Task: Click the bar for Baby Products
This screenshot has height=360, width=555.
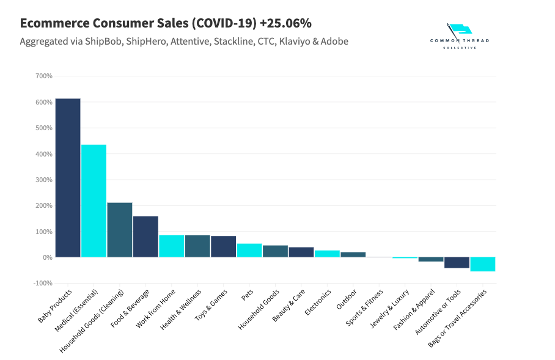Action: coord(68,178)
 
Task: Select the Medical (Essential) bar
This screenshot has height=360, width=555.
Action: coord(94,200)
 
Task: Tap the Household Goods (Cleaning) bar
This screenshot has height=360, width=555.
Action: coord(119,230)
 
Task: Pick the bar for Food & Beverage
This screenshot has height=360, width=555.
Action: coord(145,237)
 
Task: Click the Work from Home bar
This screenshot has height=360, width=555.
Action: coord(171,246)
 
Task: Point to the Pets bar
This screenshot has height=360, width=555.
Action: coord(249,251)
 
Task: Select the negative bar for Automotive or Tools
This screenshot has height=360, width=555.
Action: coord(457,263)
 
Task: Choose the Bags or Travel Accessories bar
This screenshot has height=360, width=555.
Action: coord(482,264)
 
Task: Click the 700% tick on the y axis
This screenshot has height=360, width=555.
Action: coord(44,76)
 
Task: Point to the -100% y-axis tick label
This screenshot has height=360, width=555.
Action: coord(43,284)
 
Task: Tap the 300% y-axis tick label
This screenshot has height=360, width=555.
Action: coord(44,180)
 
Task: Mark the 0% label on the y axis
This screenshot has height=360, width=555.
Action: coord(47,257)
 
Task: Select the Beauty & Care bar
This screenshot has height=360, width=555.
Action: coord(301,252)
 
